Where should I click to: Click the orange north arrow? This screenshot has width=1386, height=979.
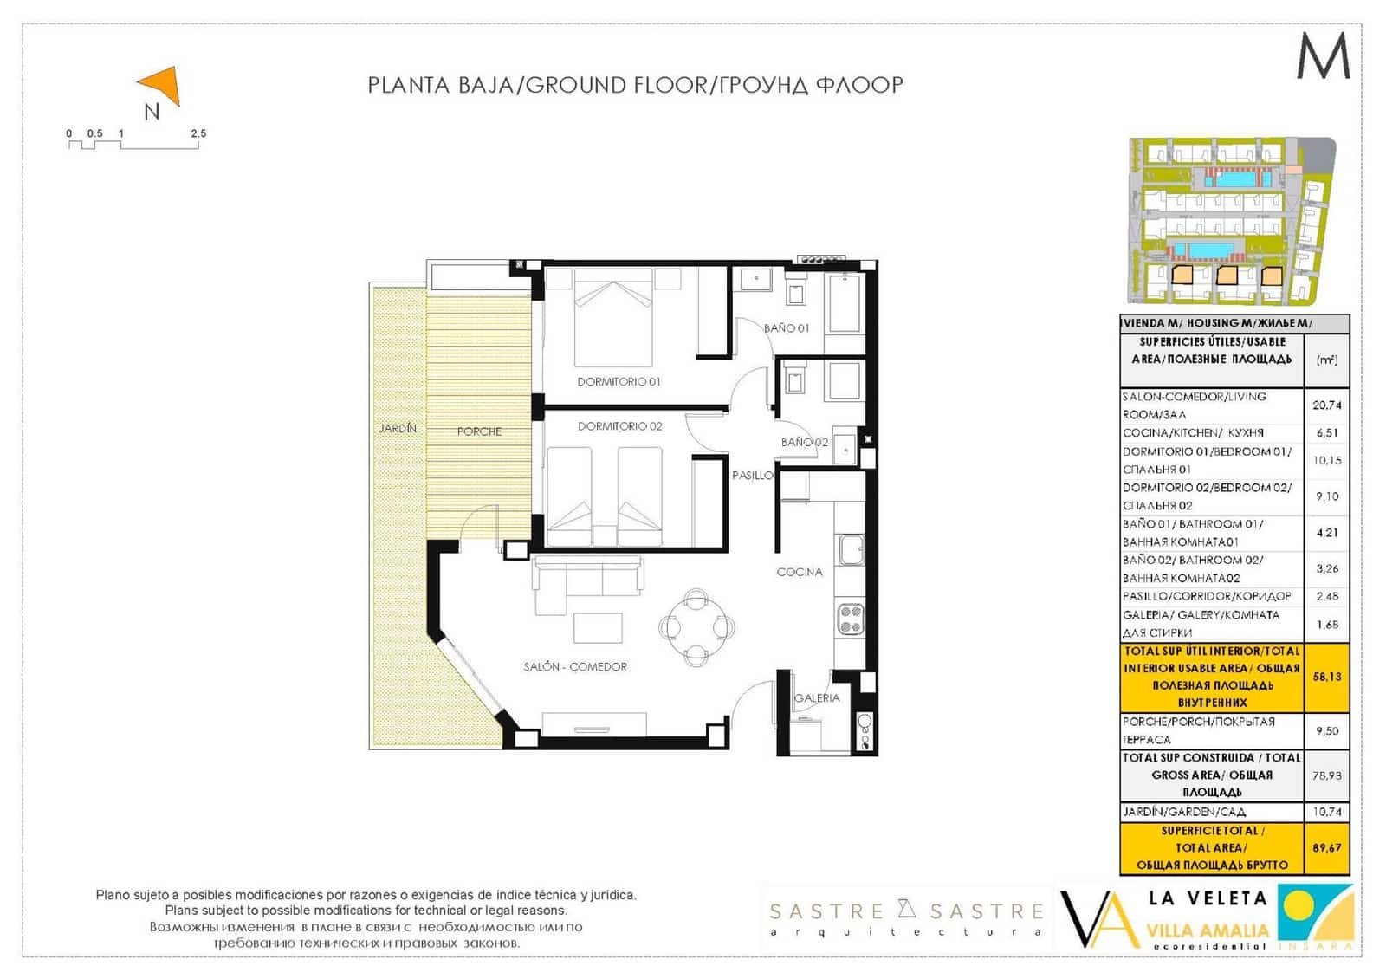click(163, 86)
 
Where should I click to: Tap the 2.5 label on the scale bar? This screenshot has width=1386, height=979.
click(198, 133)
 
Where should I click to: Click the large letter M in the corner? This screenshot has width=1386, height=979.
click(1323, 56)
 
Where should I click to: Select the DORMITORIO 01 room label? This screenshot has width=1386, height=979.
click(619, 381)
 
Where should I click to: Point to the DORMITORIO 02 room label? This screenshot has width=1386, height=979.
click(619, 426)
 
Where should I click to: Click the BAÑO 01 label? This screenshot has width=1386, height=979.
click(786, 328)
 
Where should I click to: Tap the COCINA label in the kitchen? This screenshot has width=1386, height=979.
click(799, 572)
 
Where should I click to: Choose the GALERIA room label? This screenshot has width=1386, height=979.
click(816, 697)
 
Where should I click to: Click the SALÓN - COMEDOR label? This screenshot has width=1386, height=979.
click(575, 666)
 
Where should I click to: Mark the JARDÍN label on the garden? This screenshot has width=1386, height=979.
click(398, 428)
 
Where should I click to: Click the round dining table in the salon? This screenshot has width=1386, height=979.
click(696, 626)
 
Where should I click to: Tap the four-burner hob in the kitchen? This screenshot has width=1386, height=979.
click(850, 619)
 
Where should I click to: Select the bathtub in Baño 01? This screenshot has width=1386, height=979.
click(845, 303)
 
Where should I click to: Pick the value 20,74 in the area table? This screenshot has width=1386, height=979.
click(1326, 405)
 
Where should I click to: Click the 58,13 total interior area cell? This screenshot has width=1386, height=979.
click(1326, 677)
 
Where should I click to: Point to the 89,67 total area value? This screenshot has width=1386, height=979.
click(1326, 847)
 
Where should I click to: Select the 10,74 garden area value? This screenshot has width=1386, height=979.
click(1326, 812)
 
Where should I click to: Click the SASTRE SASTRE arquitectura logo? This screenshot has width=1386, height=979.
click(906, 918)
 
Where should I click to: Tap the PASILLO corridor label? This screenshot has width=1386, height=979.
click(752, 476)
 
